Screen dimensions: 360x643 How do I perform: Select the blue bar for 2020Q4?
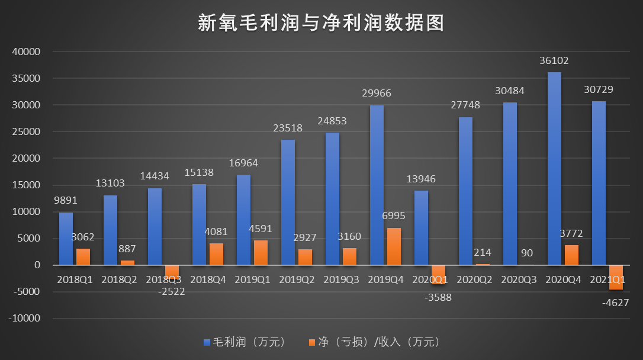(x=554, y=169)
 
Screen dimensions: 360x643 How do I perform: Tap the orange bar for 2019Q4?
(x=394, y=246)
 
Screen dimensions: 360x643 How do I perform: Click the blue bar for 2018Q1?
(x=66, y=239)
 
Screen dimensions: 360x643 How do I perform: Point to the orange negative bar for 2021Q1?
(x=616, y=277)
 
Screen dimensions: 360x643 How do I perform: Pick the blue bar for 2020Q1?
(x=421, y=228)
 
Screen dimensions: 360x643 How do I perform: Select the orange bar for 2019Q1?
(x=261, y=253)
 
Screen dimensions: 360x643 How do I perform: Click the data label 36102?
(x=554, y=61)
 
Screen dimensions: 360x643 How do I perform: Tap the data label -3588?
(x=438, y=297)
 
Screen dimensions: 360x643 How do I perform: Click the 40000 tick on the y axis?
(x=25, y=52)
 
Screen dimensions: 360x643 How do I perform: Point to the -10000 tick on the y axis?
(x=24, y=319)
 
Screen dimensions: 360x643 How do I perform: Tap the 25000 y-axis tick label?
(x=25, y=132)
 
